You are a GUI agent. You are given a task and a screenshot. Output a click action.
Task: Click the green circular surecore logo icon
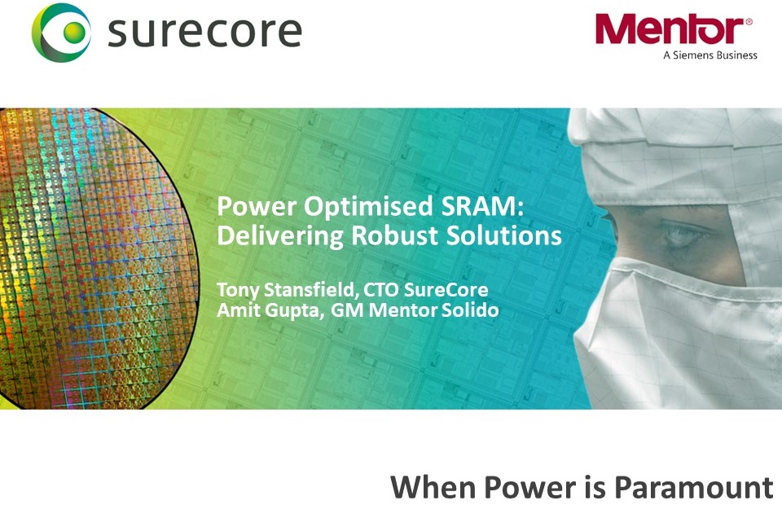61,33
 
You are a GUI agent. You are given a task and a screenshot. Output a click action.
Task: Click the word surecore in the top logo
204,32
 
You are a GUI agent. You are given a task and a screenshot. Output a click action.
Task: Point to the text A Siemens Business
710,55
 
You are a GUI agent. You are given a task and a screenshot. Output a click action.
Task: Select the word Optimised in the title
368,207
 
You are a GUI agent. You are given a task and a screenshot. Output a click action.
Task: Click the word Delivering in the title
279,235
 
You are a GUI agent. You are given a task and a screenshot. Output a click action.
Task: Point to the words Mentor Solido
433,310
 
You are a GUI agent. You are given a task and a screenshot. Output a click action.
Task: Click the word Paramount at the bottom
693,487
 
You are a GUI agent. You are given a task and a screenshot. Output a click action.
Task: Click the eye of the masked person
683,233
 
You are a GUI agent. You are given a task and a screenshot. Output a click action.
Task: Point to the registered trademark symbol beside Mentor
749,21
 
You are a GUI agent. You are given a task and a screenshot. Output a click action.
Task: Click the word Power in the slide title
257,206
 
